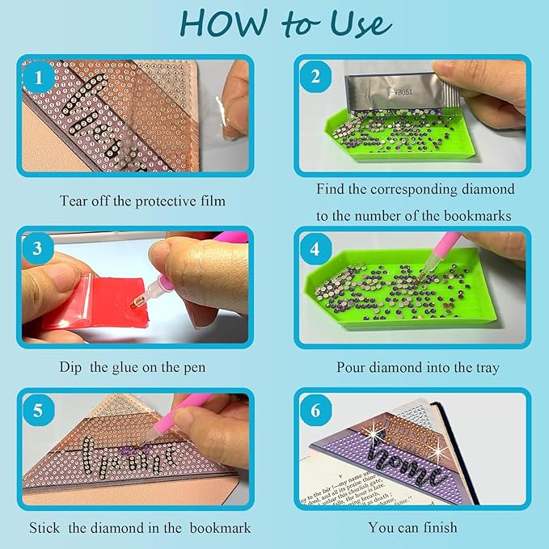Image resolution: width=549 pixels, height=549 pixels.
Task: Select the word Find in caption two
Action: tap(333, 188)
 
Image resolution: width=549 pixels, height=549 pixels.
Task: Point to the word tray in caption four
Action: tap(484, 367)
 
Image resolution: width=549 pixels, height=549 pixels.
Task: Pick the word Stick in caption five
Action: tap(45, 528)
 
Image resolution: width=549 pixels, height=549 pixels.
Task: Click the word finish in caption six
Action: tap(439, 528)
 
